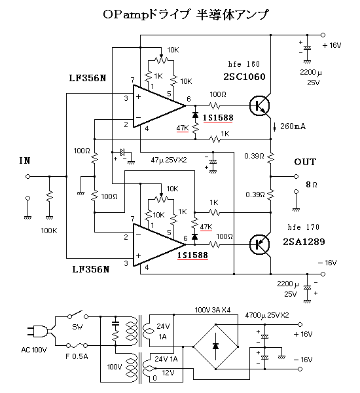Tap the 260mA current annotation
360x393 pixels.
(x=293, y=125)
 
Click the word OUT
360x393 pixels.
(x=305, y=162)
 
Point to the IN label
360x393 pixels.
(x=24, y=160)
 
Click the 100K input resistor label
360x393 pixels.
(x=49, y=231)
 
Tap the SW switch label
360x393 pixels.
(x=77, y=326)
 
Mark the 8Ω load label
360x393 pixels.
(x=311, y=185)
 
